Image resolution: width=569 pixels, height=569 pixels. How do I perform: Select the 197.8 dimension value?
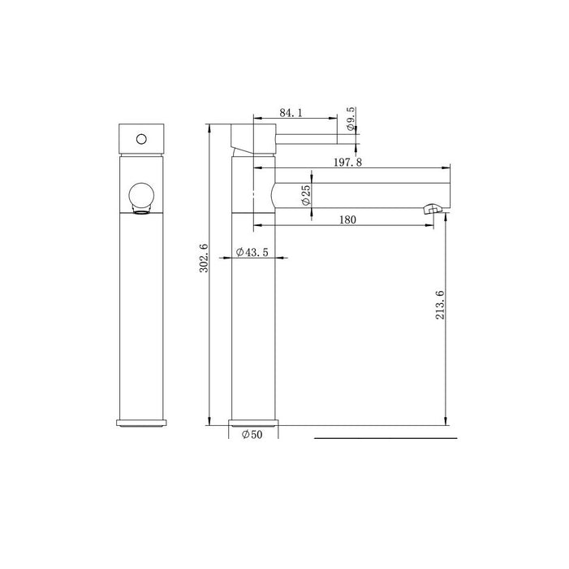pyautogui.click(x=347, y=163)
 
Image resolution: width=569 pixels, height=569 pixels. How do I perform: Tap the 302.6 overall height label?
pyautogui.click(x=205, y=258)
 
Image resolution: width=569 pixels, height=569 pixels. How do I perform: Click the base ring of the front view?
pyautogui.click(x=143, y=421)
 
